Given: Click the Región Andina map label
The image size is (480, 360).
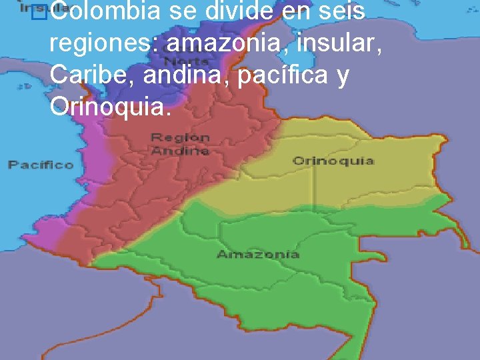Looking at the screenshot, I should point(180,144).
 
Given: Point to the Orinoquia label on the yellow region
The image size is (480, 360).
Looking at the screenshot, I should point(333,161).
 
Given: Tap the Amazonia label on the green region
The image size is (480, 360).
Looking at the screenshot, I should point(258,254).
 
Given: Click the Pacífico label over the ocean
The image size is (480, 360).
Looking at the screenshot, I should point(41,164).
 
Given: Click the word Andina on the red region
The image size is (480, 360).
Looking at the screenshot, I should point(180,151).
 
